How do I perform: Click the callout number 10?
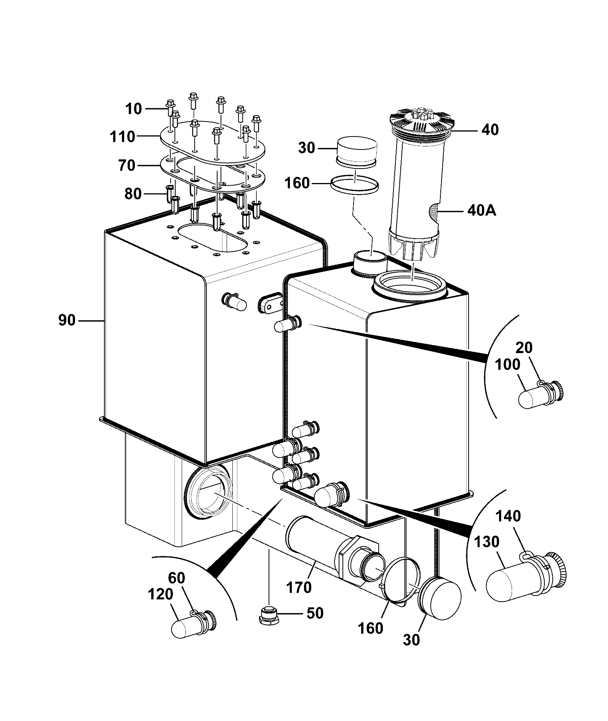134,109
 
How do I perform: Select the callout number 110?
122,136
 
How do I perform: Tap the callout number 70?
127,165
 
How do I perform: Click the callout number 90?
67,320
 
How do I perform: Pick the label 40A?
482,210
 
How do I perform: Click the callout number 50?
315,613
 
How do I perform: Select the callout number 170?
299,587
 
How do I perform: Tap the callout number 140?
508,516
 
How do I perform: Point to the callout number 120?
160,594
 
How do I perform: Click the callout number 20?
524,347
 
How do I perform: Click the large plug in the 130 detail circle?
526,576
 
